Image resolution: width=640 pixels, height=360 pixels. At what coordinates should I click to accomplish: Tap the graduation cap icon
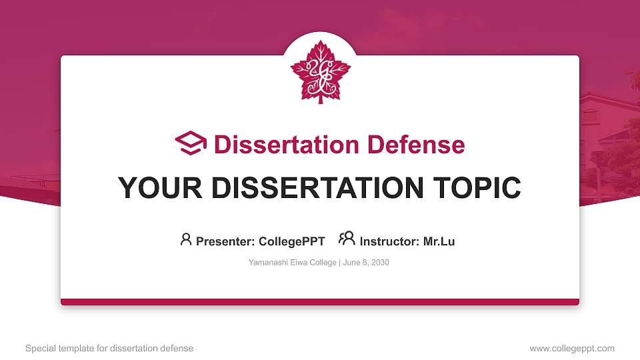coord(191,143)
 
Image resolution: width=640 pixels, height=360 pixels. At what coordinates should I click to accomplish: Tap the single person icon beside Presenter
coord(186,239)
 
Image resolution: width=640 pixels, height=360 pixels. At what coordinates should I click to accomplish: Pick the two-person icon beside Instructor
coord(347,239)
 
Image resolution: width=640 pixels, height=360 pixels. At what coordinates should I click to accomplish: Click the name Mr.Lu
coord(439,241)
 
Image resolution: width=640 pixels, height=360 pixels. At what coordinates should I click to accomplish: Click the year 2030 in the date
coord(380,263)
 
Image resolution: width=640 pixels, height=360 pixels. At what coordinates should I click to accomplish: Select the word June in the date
coord(352,263)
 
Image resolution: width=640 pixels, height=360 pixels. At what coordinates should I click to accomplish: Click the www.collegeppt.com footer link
coord(572,348)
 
